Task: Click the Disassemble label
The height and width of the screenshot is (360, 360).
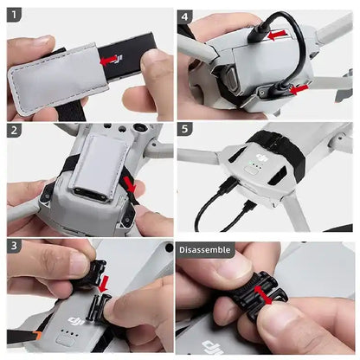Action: [x=205, y=250]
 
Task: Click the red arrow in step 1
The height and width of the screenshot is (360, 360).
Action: [x=108, y=61]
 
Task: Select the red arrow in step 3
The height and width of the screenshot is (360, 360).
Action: [x=104, y=284]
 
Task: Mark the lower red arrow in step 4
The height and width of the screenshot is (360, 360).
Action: [x=297, y=88]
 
